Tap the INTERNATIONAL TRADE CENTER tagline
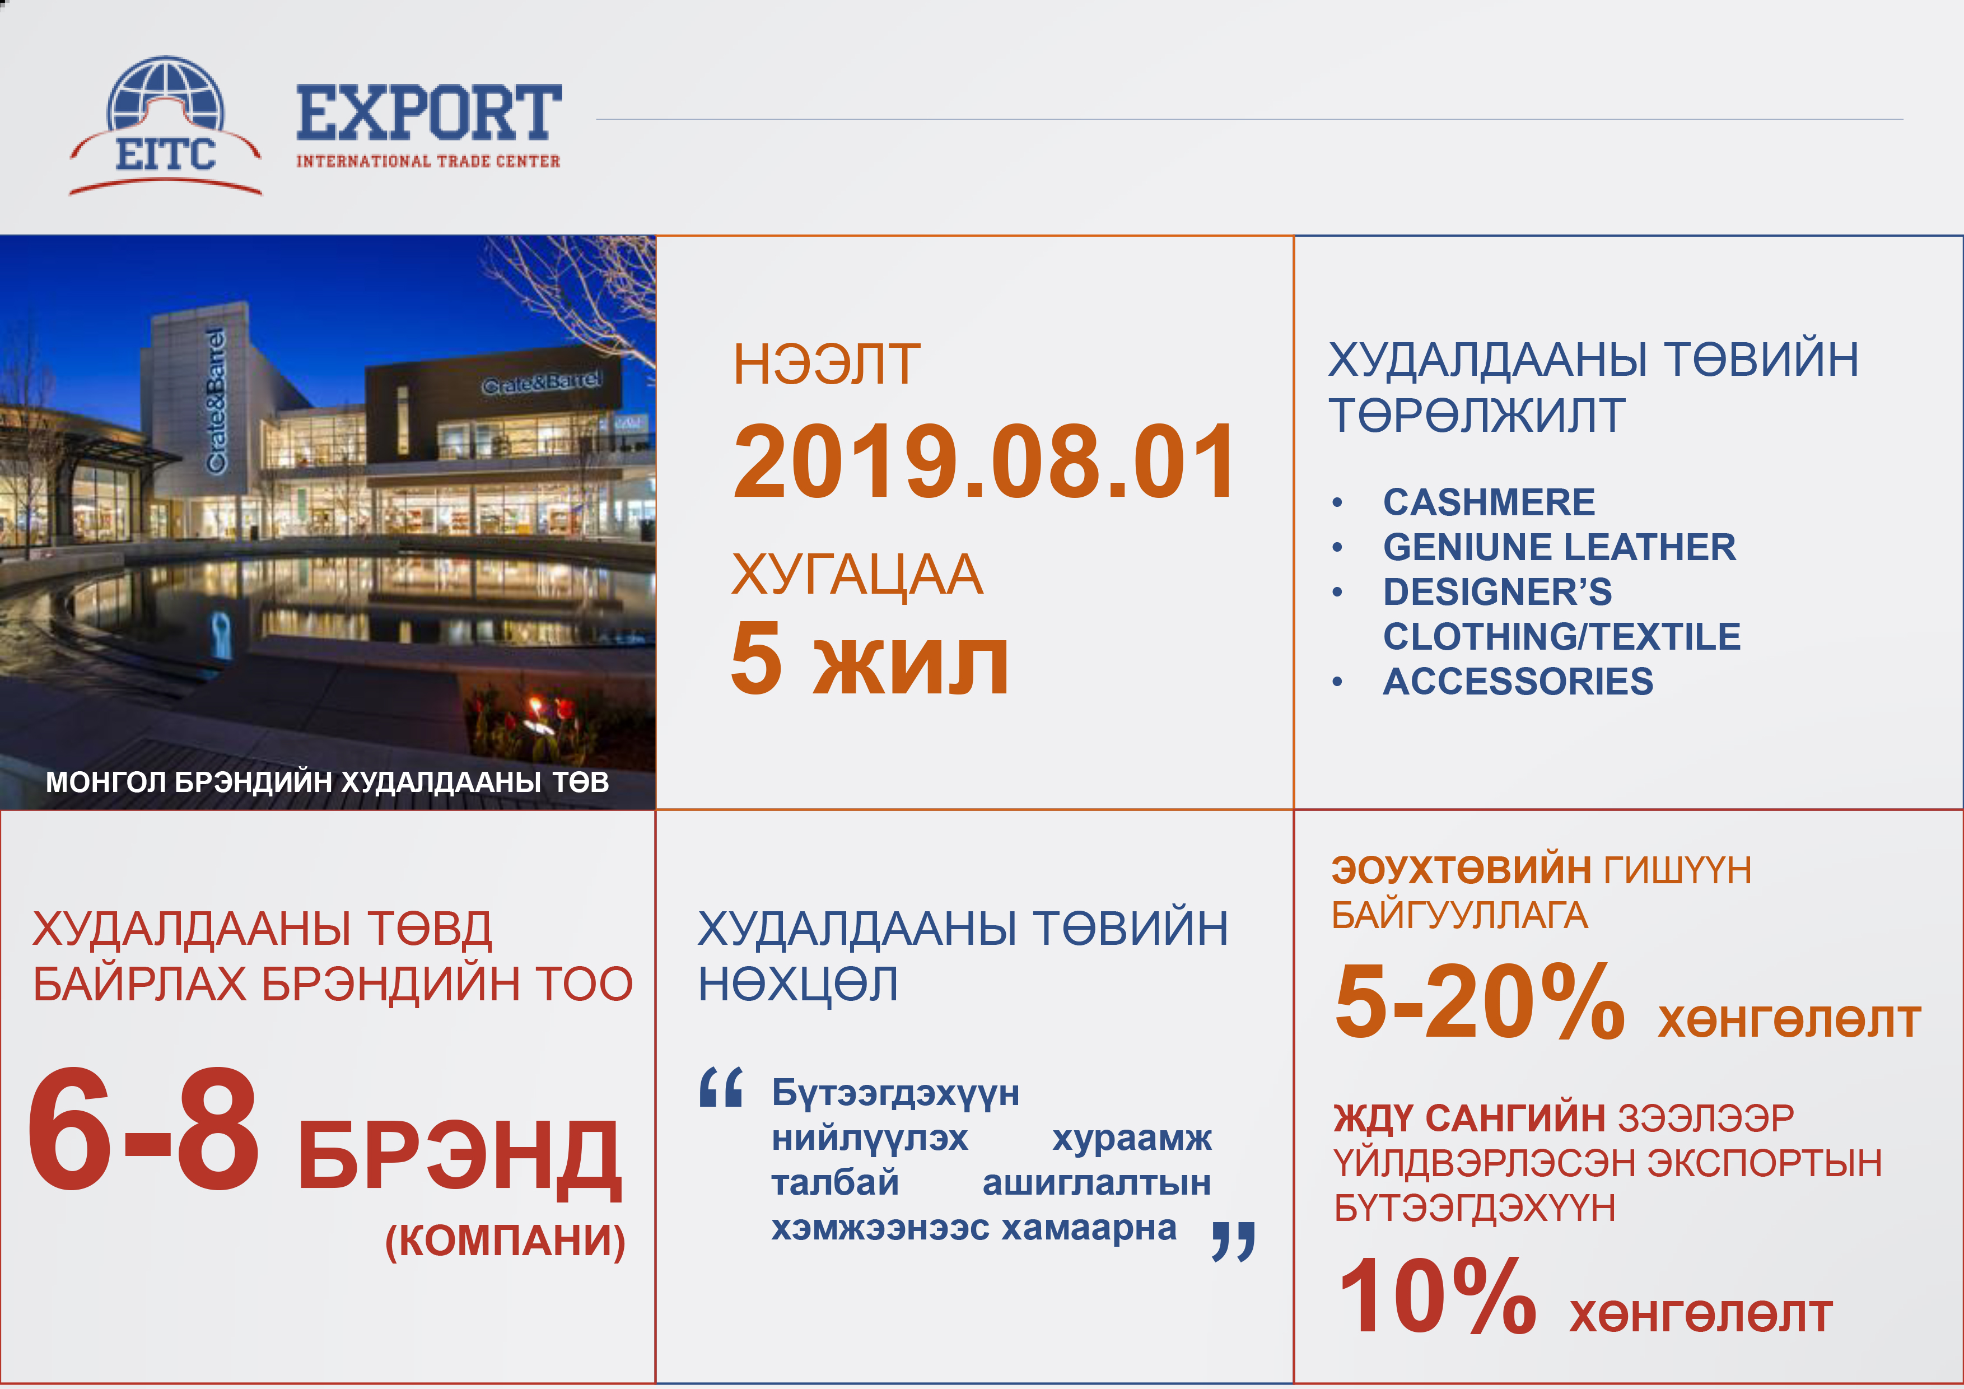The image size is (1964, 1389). point(428,161)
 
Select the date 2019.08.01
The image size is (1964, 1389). point(985,462)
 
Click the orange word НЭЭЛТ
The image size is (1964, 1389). point(827,365)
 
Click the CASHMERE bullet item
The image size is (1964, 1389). point(1489,502)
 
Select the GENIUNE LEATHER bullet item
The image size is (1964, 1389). point(1560,547)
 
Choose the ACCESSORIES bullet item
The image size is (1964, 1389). point(1518,682)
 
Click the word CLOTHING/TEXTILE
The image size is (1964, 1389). point(1562,636)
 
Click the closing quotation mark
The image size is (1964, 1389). point(1234,1241)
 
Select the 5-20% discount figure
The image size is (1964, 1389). point(1479,1001)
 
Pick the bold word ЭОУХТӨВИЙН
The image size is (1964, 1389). point(1461,870)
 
